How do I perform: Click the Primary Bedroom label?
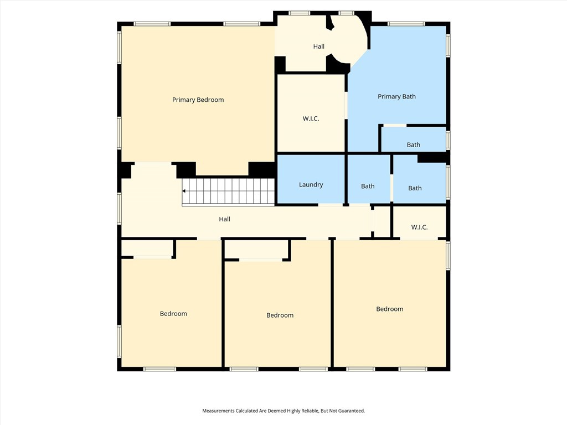(198, 100)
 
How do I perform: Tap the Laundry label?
(311, 185)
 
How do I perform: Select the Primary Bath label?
(396, 96)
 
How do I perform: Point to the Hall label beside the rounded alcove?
(318, 46)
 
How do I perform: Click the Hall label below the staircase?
(225, 219)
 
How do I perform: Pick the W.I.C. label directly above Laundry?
(311, 118)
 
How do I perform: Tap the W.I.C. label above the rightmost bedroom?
(420, 227)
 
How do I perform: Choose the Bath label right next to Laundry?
(368, 186)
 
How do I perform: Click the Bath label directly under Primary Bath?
(413, 145)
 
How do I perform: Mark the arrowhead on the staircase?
(184, 191)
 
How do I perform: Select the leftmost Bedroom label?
(173, 314)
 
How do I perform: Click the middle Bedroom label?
(280, 315)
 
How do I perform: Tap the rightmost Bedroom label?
(389, 309)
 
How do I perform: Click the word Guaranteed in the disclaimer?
(352, 411)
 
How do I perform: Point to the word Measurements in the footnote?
(218, 411)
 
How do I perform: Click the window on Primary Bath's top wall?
(406, 24)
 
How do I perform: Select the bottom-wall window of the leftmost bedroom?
(159, 369)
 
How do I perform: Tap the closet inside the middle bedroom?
(256, 249)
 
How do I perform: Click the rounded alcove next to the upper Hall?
(349, 40)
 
